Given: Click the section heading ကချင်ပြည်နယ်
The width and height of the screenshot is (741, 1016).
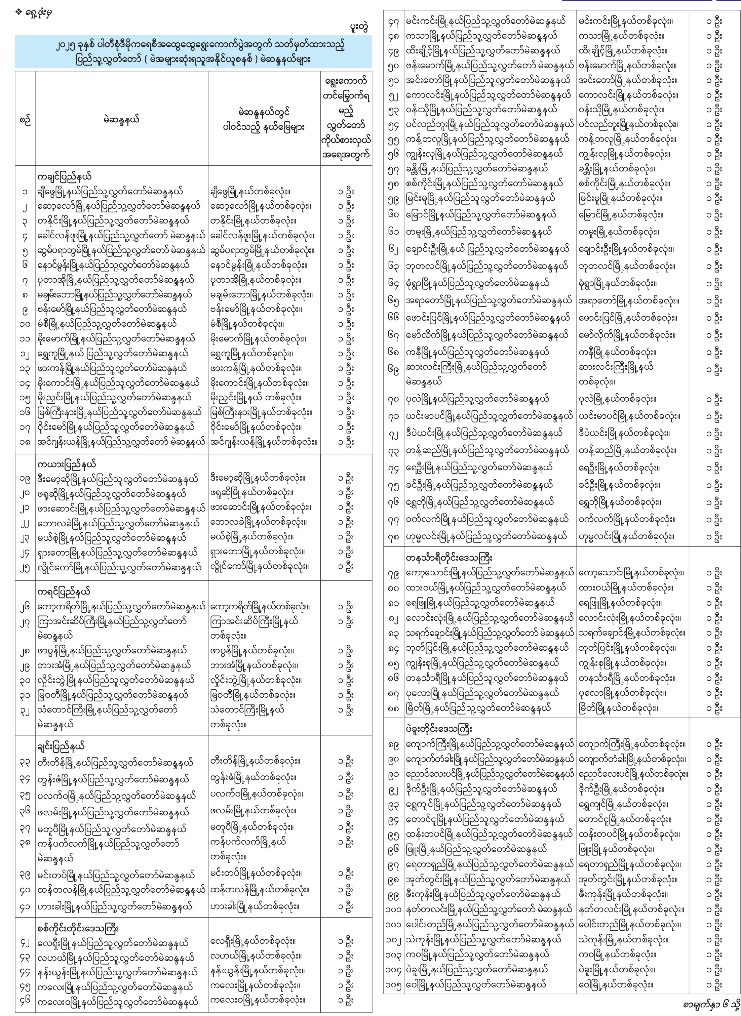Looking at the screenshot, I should (65, 176).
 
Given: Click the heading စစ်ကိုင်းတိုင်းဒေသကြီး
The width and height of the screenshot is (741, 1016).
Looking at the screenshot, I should (78, 929).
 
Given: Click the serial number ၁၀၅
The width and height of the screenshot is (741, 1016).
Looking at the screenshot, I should (393, 985).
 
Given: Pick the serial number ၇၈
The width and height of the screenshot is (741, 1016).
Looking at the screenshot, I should (393, 537).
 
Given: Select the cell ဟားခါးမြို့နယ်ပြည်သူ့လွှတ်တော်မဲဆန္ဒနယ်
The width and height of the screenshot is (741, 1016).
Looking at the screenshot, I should (116, 906).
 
